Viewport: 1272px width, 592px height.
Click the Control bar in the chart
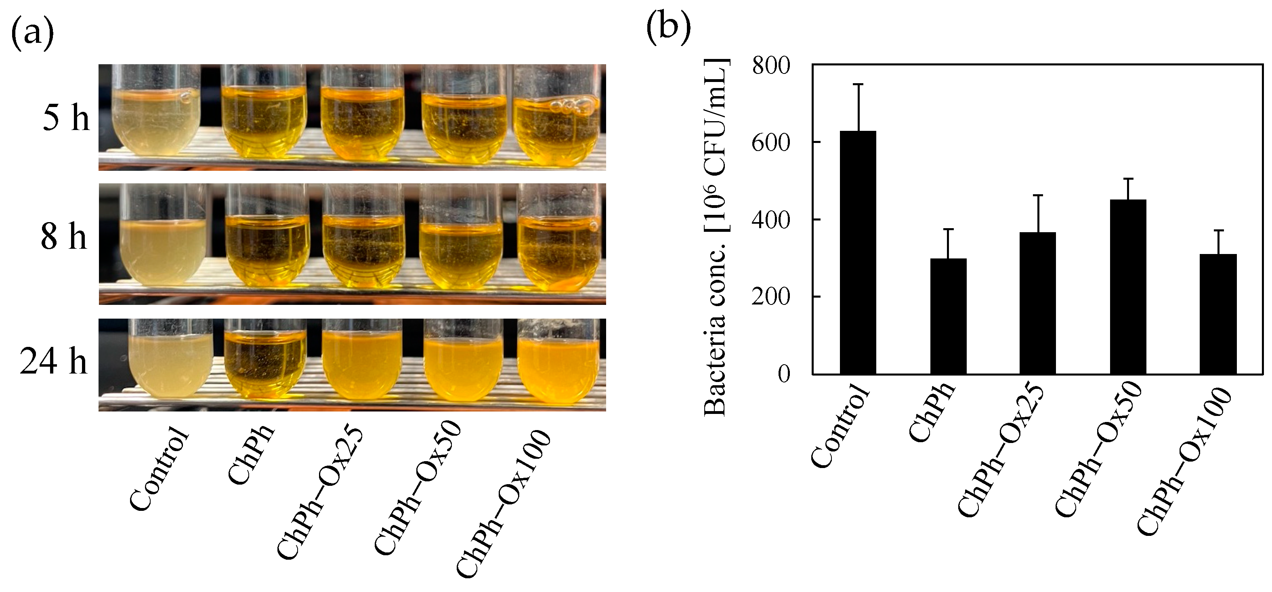858,252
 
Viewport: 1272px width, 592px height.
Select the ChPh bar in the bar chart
948,316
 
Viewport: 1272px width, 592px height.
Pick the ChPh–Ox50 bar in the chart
1128,286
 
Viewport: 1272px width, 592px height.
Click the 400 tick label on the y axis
771,220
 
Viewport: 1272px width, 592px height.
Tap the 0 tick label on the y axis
784,374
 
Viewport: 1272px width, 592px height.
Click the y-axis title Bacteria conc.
716,237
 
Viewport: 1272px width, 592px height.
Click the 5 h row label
66,118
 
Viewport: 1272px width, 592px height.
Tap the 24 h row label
53,361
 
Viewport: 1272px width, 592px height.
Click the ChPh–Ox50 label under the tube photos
417,489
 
